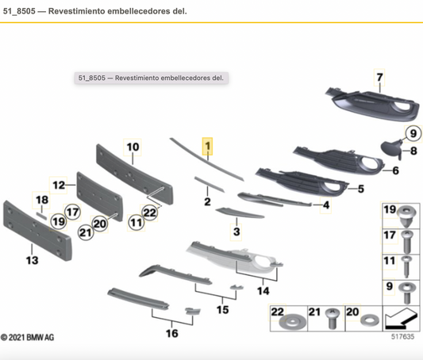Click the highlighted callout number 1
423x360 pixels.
pos(208,147)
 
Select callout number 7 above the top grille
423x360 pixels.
pos(379,78)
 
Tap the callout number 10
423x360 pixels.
pos(132,147)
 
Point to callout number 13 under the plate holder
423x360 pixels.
pos(32,259)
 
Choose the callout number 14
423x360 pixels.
pos(262,291)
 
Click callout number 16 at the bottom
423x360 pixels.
pos(171,333)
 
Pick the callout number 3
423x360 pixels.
pos(236,232)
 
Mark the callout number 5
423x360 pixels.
pos(360,189)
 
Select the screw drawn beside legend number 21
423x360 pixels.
pos(334,319)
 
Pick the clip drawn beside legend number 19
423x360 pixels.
pos(406,214)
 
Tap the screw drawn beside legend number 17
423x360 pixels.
pos(406,237)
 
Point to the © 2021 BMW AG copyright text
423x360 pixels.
pos(28,338)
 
